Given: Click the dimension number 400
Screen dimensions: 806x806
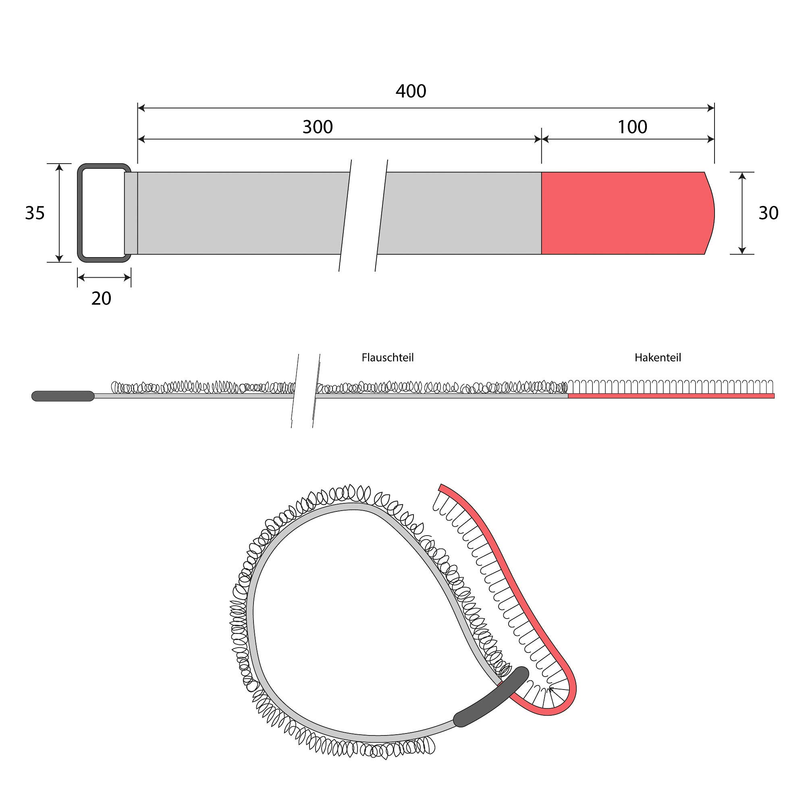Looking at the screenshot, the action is click(x=411, y=91).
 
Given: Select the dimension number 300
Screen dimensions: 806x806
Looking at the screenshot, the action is click(x=318, y=127).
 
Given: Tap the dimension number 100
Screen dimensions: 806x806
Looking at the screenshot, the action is click(x=632, y=127).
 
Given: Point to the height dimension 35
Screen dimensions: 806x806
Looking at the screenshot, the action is click(x=35, y=213).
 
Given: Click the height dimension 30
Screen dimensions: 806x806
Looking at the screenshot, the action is click(x=768, y=213).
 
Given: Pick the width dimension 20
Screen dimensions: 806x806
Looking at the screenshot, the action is click(x=102, y=299).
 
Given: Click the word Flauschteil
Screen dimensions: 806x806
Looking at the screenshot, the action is click(x=388, y=357).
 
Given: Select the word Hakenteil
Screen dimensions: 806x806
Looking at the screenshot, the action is click(x=658, y=357).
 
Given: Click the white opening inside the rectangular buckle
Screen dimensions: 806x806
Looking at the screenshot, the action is click(x=103, y=213).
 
